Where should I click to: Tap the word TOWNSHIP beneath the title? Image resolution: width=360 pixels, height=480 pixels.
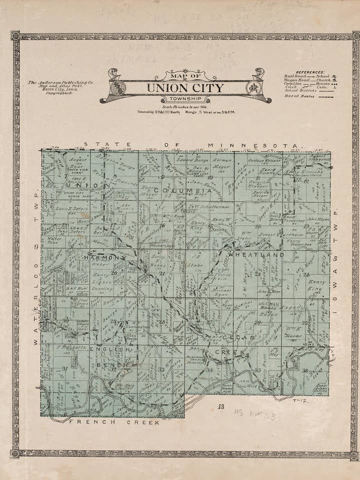tap(185, 99)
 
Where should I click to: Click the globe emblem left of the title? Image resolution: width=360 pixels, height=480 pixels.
tap(118, 88)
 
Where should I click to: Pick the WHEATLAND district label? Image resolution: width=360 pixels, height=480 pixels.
tap(256, 254)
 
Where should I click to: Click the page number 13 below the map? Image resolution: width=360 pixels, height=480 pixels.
tap(220, 406)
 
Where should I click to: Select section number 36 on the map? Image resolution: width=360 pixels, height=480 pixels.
tap(304, 370)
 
